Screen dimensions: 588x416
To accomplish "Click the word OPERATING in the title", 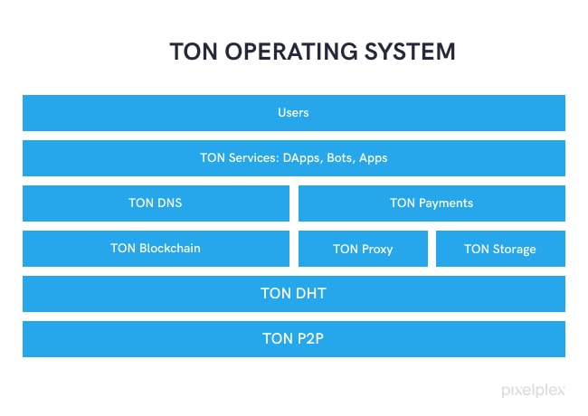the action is (x=291, y=52).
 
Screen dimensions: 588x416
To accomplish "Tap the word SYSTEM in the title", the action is (x=410, y=52).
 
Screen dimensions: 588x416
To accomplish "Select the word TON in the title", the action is (x=194, y=52).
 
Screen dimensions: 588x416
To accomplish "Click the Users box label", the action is (x=293, y=112).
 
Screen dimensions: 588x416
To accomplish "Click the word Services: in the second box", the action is (x=254, y=157).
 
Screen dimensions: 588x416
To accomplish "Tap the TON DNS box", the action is (x=156, y=203).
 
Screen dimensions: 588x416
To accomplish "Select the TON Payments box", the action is (x=432, y=203).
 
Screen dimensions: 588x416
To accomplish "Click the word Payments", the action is (x=446, y=203).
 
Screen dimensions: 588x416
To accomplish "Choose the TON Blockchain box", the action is (x=156, y=249).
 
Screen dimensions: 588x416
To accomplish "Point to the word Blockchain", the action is (x=170, y=248).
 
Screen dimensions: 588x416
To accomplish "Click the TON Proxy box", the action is (x=363, y=249).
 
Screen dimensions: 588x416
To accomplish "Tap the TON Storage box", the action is (x=500, y=249).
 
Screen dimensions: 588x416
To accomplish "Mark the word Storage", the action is (x=514, y=250).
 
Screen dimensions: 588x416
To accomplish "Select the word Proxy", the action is (x=376, y=250).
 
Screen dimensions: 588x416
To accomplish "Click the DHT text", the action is (x=309, y=293).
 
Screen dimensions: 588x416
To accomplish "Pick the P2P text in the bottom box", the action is (x=308, y=339).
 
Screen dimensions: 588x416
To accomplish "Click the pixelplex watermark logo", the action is (x=533, y=391).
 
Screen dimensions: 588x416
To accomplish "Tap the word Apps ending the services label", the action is (x=373, y=158).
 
